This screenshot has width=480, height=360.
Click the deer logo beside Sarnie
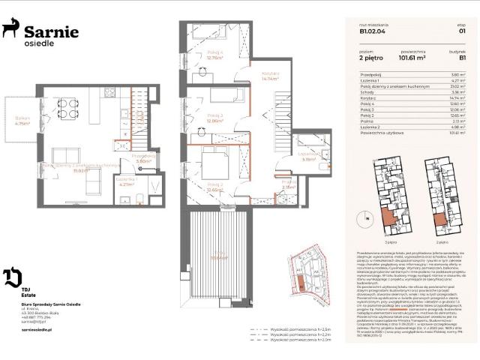pyautogui.click(x=11, y=30)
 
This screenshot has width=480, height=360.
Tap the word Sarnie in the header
pyautogui.click(x=51, y=31)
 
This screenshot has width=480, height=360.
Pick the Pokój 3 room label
pyautogui.click(x=215, y=118)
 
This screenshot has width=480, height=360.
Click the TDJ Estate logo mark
pyautogui.click(x=12, y=277)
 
